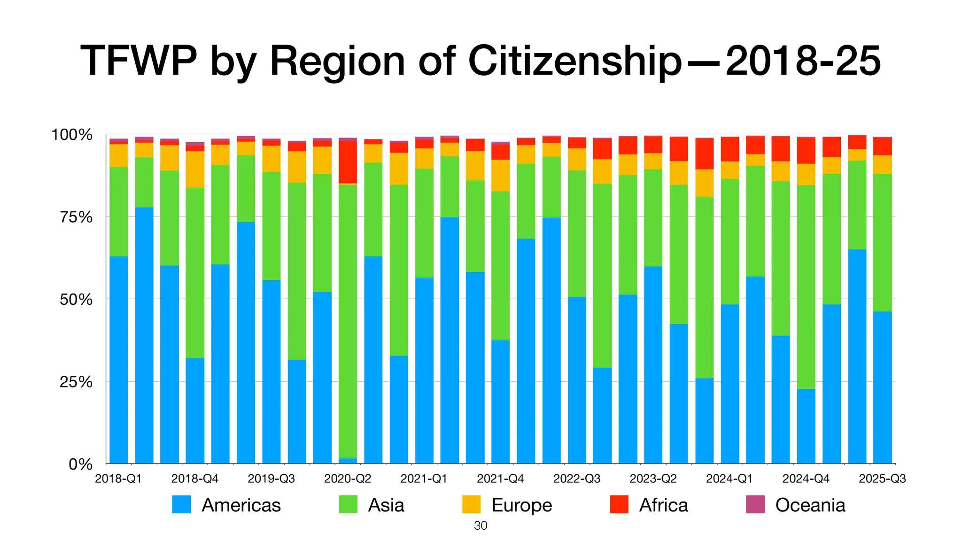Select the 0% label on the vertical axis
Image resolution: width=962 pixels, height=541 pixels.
click(x=80, y=464)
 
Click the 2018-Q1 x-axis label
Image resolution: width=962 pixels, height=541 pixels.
click(x=118, y=479)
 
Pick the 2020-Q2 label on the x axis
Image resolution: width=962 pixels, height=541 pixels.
click(x=348, y=479)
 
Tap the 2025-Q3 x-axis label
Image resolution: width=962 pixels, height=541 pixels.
click(x=882, y=479)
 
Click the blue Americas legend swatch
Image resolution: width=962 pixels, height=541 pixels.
click(x=181, y=504)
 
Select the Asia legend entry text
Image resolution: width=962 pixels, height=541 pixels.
click(x=386, y=505)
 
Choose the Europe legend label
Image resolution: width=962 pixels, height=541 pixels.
click(x=521, y=505)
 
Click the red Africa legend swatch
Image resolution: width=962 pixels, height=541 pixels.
click(x=619, y=504)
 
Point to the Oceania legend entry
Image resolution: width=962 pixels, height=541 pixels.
click(x=810, y=505)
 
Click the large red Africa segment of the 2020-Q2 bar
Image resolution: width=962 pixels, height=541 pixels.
click(x=348, y=162)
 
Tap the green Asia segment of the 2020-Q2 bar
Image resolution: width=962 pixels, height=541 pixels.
click(x=348, y=319)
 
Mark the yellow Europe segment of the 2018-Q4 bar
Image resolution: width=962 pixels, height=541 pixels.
click(x=195, y=169)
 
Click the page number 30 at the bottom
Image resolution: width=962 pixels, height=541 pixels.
click(x=481, y=526)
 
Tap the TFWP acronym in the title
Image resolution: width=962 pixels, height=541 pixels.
click(x=139, y=62)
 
